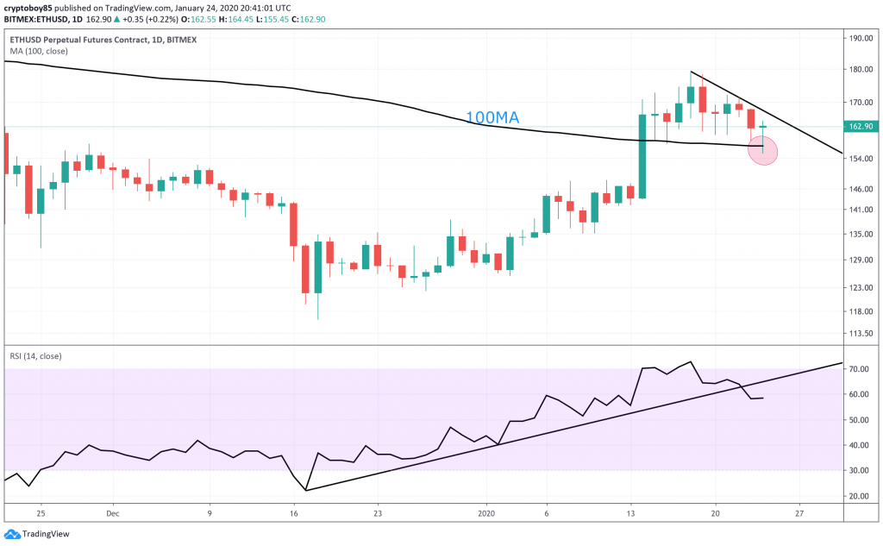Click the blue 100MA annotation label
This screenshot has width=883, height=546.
[x=492, y=117]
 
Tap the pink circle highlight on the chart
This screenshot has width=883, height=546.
[x=763, y=151]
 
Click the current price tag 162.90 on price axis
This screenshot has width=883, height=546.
[x=861, y=127]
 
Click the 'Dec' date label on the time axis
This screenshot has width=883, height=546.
[x=112, y=511]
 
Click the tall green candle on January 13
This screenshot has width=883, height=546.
[x=642, y=155]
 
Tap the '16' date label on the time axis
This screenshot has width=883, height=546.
[x=294, y=511]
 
